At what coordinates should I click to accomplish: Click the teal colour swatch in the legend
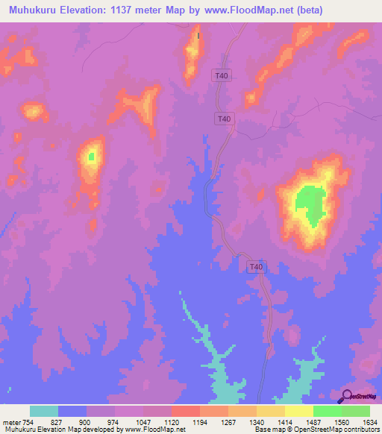pos(44,411)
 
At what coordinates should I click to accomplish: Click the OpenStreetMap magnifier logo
pos(345,396)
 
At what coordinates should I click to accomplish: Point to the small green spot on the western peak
pos(92,156)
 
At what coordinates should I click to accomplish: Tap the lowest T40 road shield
pos(256,266)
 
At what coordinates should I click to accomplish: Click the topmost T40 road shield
pos(222,75)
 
